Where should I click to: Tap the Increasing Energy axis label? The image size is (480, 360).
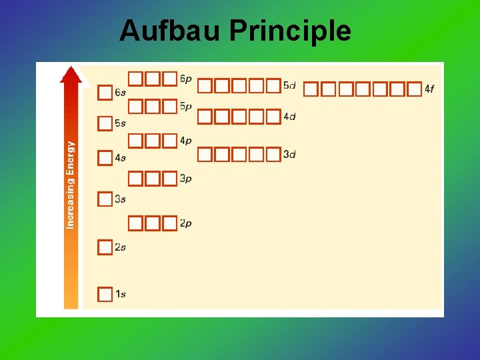[x=71, y=185]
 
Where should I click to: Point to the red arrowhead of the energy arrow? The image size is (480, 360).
[x=71, y=74]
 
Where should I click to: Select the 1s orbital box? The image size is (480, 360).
[x=105, y=294]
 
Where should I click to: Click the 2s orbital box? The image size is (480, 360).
[x=105, y=247]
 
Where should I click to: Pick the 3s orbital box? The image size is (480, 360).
[x=105, y=199]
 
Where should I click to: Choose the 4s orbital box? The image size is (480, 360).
[x=105, y=158]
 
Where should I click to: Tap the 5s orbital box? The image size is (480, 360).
[x=105, y=123]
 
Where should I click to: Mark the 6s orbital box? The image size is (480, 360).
[x=105, y=92]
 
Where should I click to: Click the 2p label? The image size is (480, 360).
[x=186, y=223]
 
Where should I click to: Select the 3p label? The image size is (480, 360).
[x=186, y=179]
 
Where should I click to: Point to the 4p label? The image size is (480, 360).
[x=186, y=141]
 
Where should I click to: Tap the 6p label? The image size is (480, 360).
[x=186, y=79]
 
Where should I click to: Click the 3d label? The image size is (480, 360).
[x=289, y=155]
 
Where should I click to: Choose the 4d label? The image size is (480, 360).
[x=289, y=117]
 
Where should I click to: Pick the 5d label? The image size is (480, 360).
[x=289, y=85]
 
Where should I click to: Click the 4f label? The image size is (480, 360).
[x=429, y=89]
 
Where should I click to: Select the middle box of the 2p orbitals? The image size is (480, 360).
[x=153, y=223]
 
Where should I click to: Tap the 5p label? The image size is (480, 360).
[x=186, y=106]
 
